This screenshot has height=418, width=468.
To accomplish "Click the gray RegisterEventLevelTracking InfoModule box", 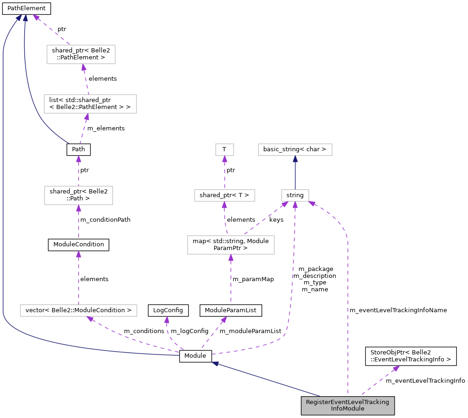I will coord(348,405).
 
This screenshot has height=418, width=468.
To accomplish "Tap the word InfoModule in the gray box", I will coord(348,409).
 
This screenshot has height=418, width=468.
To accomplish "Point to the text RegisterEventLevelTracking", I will coord(348,402).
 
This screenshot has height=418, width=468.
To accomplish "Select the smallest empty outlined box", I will coord(225,149).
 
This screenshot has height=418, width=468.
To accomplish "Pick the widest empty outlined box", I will coord(78,310).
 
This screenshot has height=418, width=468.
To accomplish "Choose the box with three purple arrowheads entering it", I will coord(295,195).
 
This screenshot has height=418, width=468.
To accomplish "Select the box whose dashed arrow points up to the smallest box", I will coord(225,195).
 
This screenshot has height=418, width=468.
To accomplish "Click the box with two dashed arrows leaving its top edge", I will coord(231,245).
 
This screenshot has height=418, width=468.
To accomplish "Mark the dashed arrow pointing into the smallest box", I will coord(225,173).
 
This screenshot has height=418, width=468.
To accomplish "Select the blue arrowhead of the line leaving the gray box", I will coord(215,364).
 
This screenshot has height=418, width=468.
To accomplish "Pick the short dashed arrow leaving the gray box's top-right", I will coord(380,381).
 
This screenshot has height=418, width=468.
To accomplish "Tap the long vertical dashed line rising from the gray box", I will coord(347,315).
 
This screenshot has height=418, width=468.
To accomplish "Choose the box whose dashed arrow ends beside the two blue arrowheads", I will coord(81,54).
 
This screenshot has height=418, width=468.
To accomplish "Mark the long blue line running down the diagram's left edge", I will coord(3,186).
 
